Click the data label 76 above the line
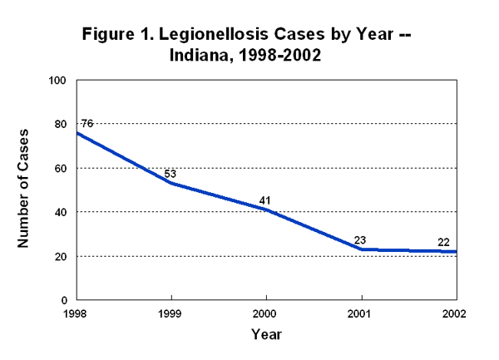[x=86, y=124]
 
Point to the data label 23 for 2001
[x=360, y=240]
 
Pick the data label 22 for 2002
[x=444, y=242]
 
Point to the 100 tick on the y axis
[x=57, y=81]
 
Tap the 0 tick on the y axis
[x=63, y=300]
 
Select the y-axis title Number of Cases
[x=25, y=190]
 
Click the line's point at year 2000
[x=266, y=210]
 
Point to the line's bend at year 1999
[x=171, y=183]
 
